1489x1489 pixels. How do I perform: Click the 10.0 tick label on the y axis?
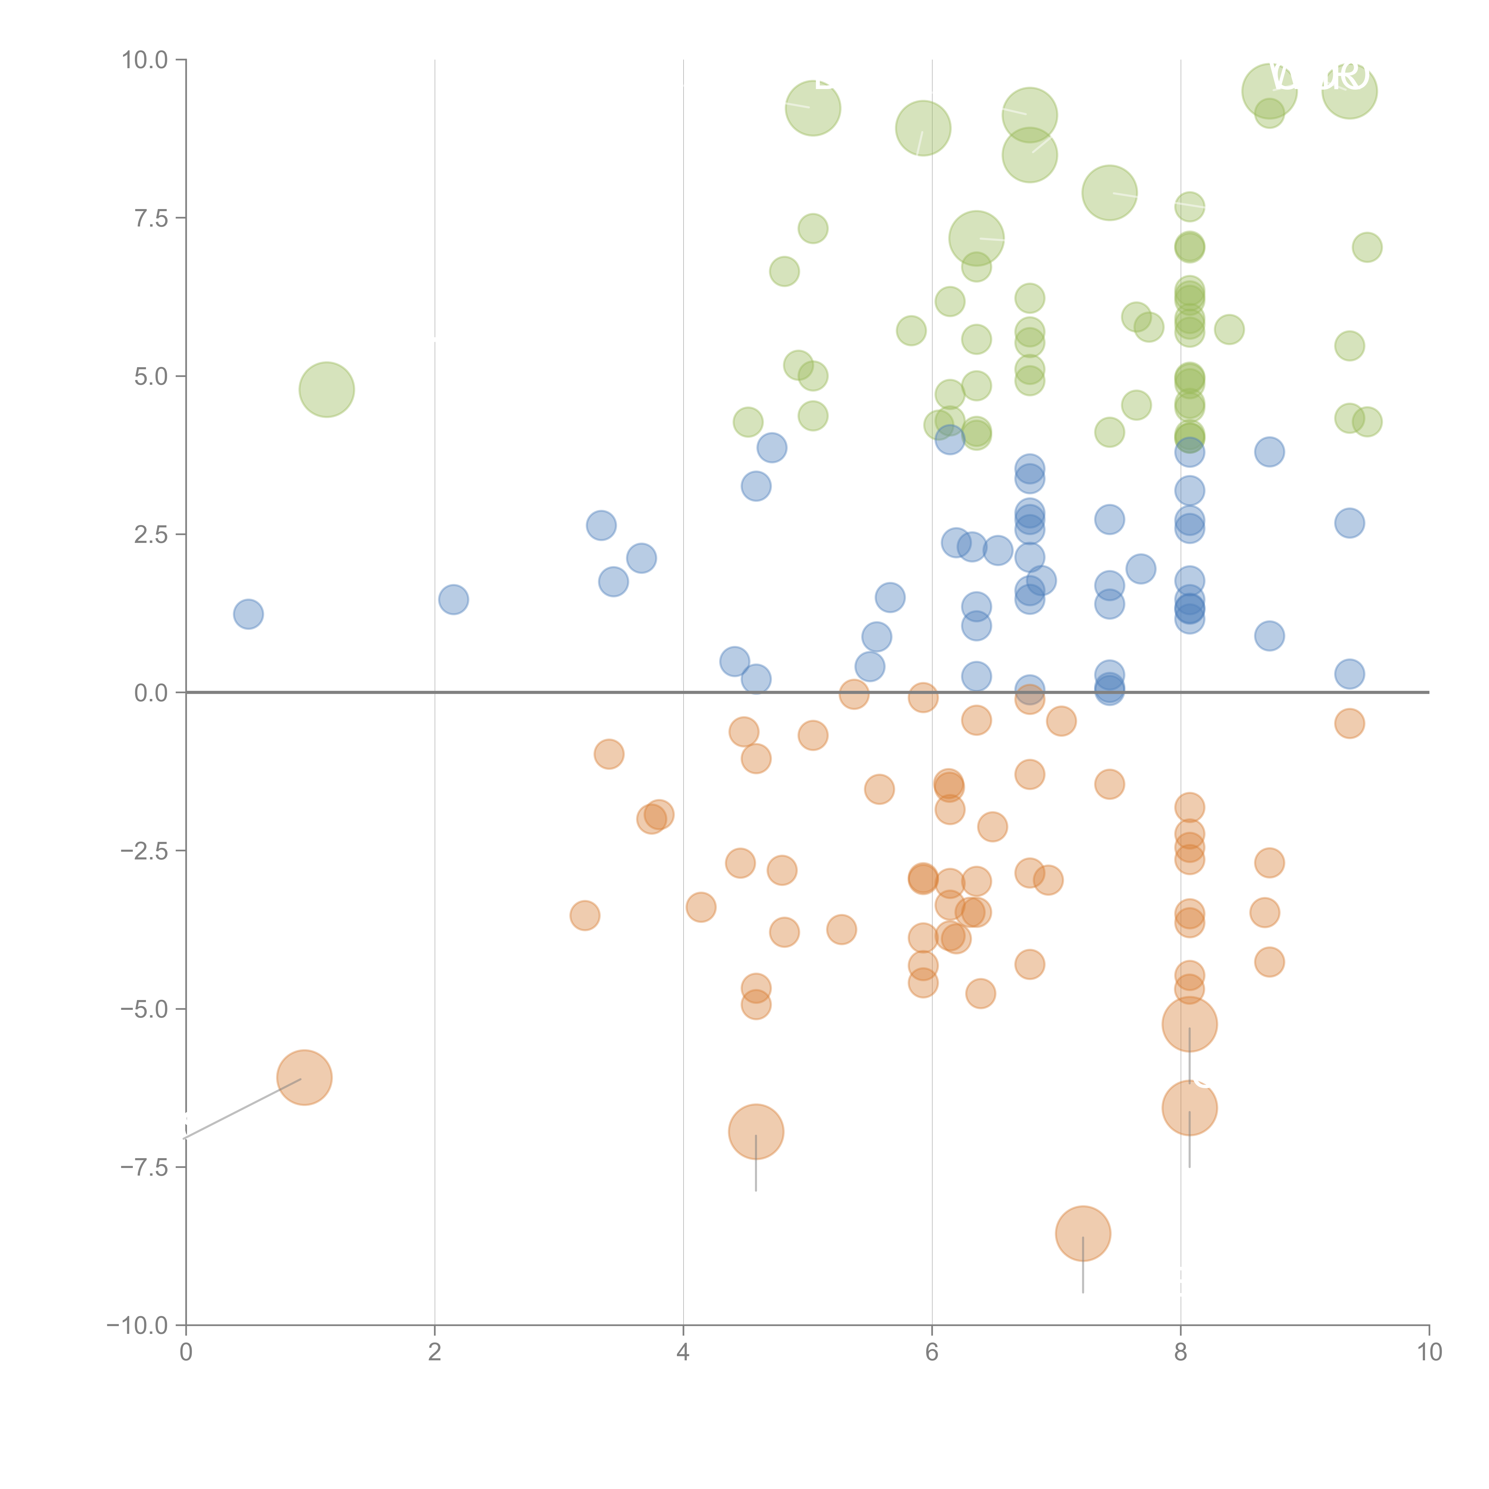point(145,60)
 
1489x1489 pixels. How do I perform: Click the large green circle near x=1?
point(327,389)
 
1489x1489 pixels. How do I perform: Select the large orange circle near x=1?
point(304,1077)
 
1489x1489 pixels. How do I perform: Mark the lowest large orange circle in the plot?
point(1083,1233)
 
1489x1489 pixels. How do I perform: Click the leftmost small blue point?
point(248,614)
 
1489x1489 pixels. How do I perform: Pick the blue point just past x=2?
point(453,599)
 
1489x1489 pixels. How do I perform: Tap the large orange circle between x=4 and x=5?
point(756,1131)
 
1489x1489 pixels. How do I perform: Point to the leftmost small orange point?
point(585,916)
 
